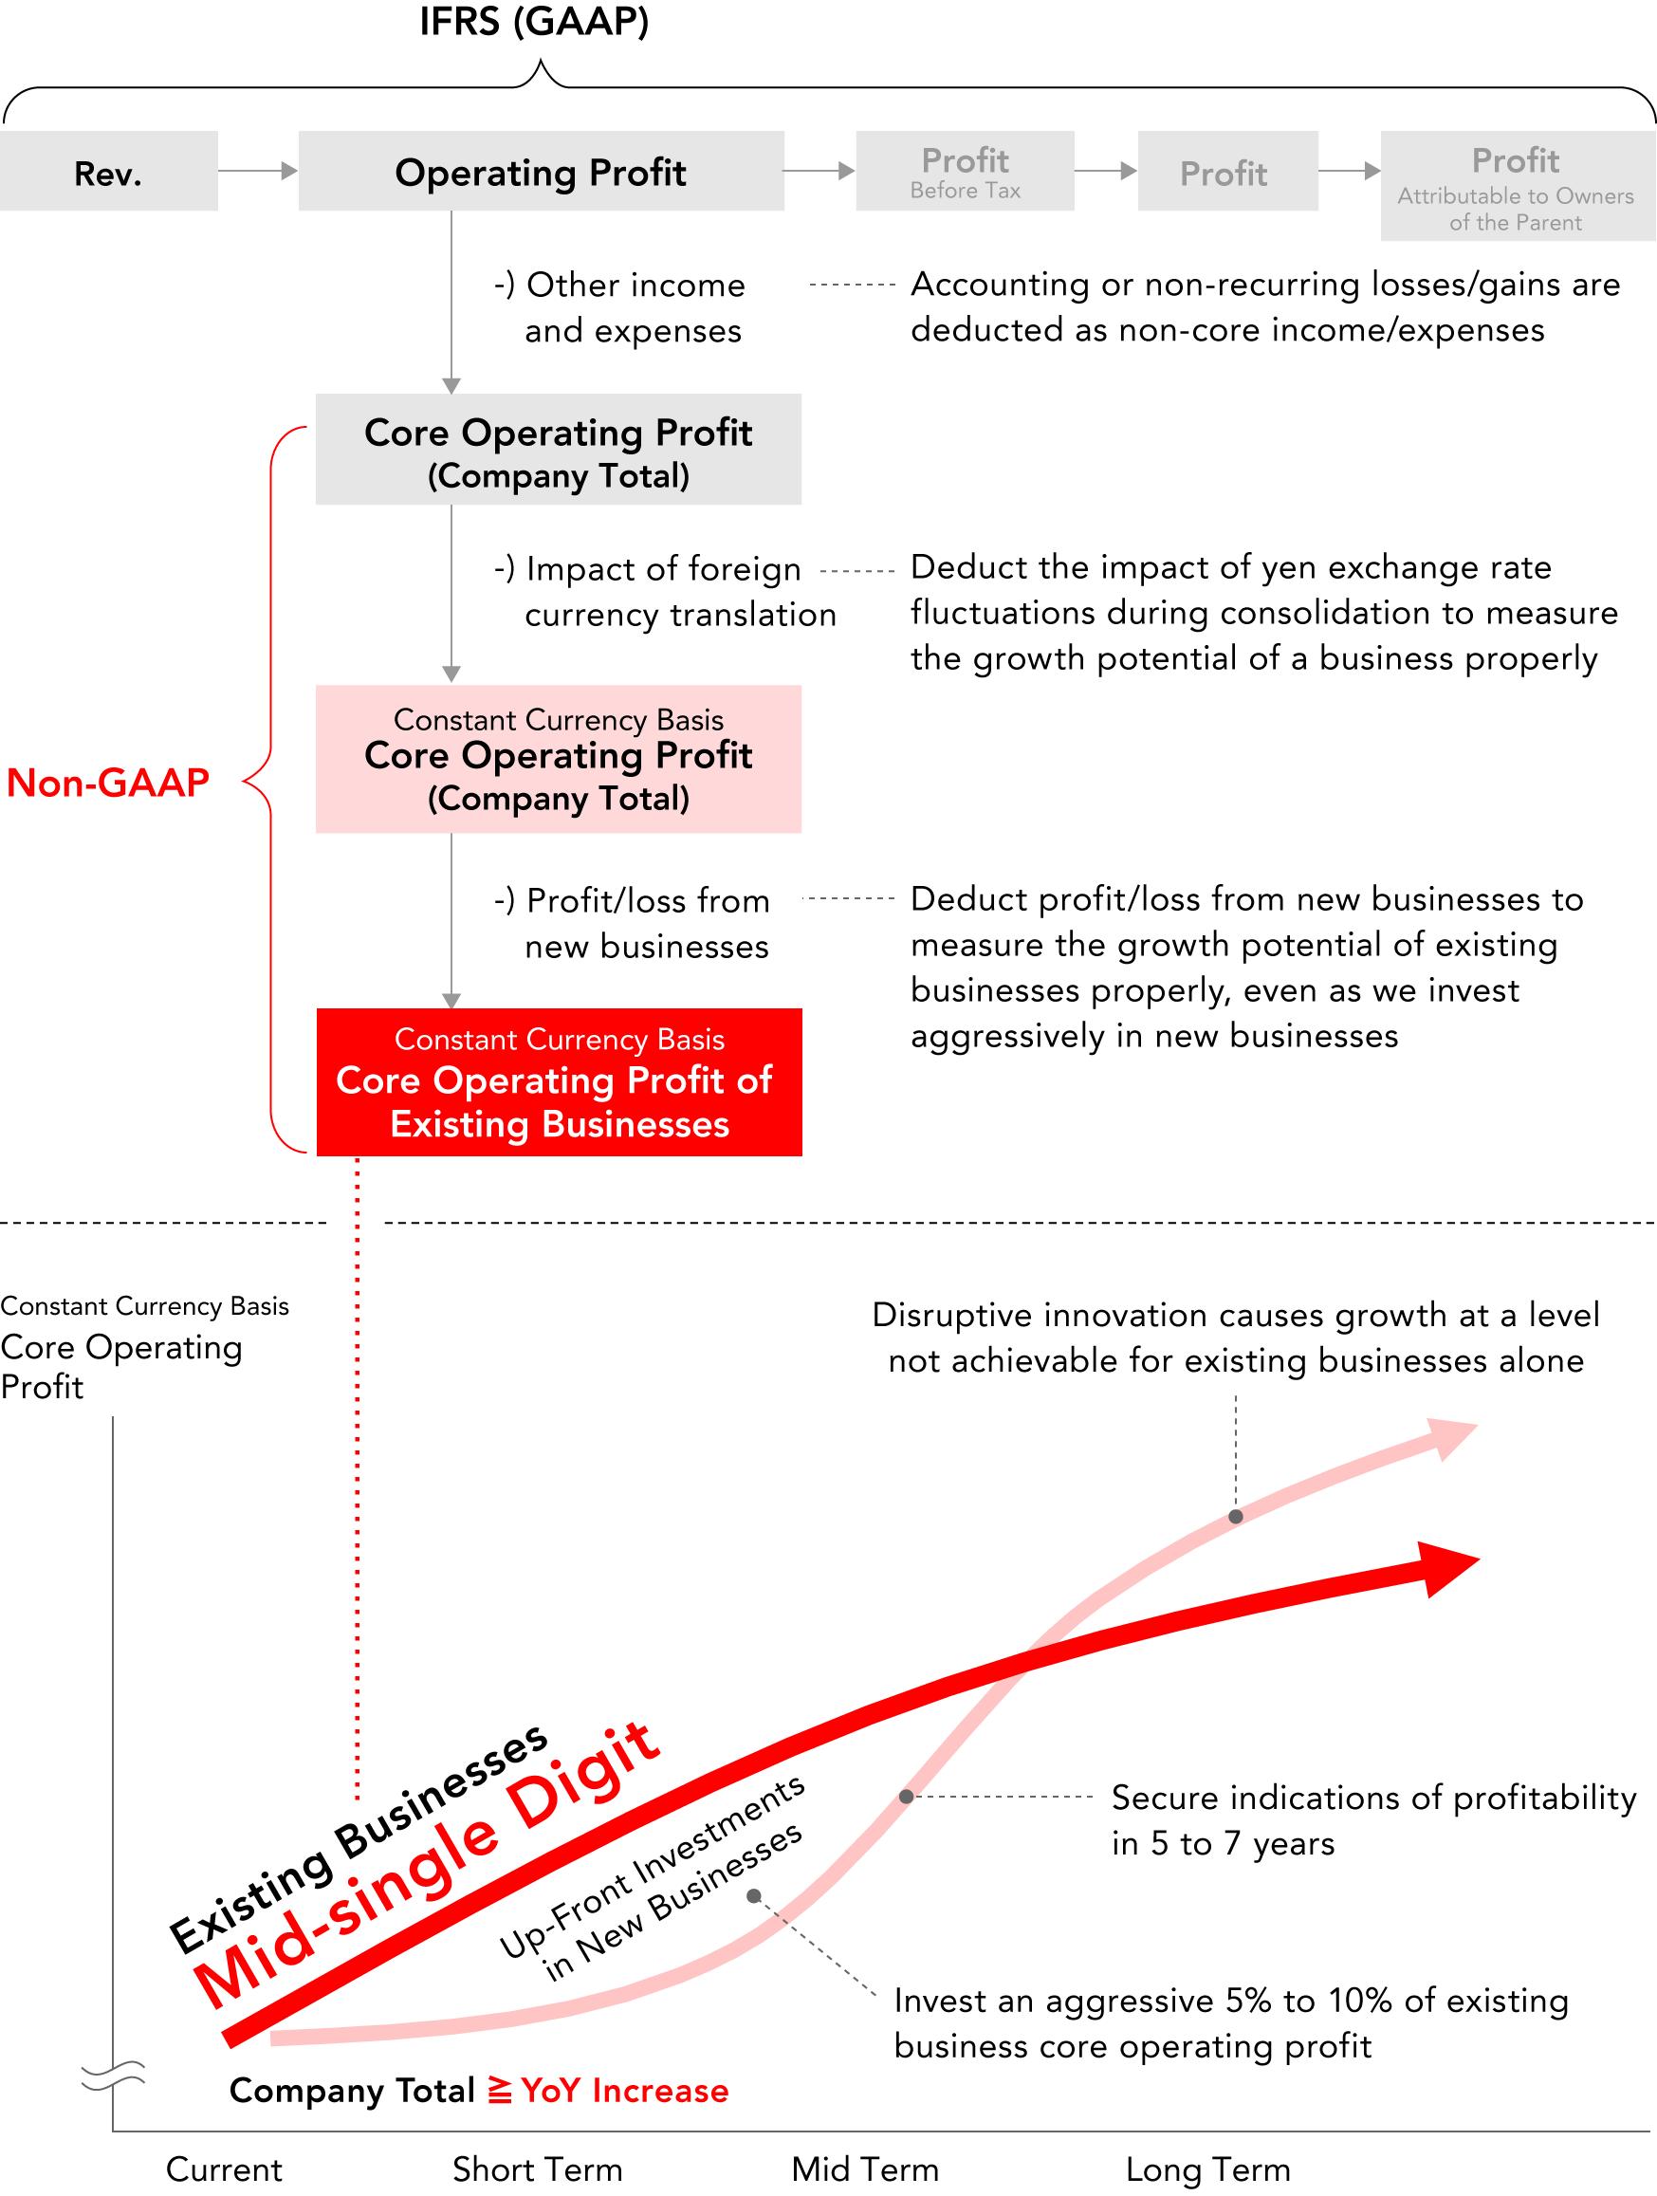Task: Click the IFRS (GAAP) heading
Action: pyautogui.click(x=534, y=22)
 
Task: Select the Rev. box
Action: pyautogui.click(x=108, y=171)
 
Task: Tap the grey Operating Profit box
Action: pyautogui.click(x=541, y=171)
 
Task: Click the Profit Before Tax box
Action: pyautogui.click(x=965, y=171)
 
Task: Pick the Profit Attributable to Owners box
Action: pyautogui.click(x=1518, y=186)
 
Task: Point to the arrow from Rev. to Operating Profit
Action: pyautogui.click(x=258, y=171)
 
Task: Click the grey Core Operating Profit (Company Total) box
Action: pyautogui.click(x=558, y=450)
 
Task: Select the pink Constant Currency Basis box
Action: pyautogui.click(x=558, y=759)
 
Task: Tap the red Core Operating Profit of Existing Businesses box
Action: pyautogui.click(x=559, y=1082)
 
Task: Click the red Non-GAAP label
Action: pyautogui.click(x=108, y=783)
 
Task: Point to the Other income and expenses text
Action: pyautogui.click(x=619, y=307)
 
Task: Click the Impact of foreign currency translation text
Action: pyautogui.click(x=665, y=592)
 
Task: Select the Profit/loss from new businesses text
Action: pyautogui.click(x=633, y=923)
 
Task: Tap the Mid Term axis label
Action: pyautogui.click(x=866, y=2168)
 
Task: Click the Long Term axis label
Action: pyautogui.click(x=1208, y=2169)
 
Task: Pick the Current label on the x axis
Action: pyautogui.click(x=225, y=2168)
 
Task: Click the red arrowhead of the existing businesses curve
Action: pyautogui.click(x=1448, y=1568)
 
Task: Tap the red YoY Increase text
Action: pyautogui.click(x=625, y=2090)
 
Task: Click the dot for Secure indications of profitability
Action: pyautogui.click(x=907, y=1796)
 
